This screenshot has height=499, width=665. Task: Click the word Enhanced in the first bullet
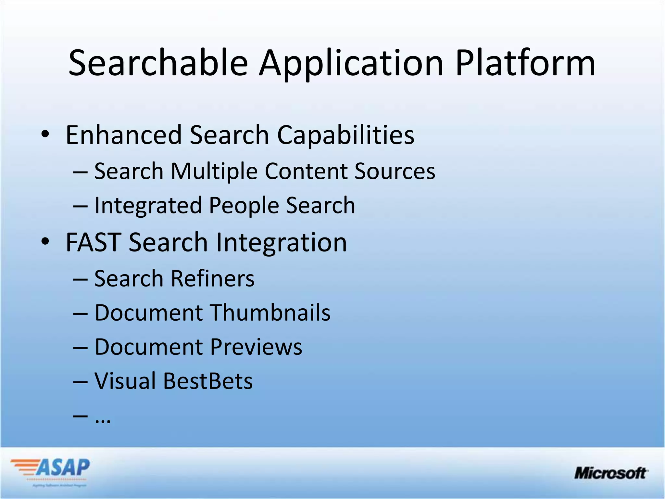(x=124, y=135)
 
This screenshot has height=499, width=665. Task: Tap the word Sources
(x=395, y=171)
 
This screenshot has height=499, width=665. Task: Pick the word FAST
(x=94, y=242)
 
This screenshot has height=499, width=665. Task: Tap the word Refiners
(x=213, y=279)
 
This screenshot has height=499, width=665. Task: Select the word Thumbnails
(x=271, y=313)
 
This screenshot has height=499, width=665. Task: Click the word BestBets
(x=208, y=381)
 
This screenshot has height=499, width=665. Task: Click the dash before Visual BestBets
(x=80, y=382)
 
